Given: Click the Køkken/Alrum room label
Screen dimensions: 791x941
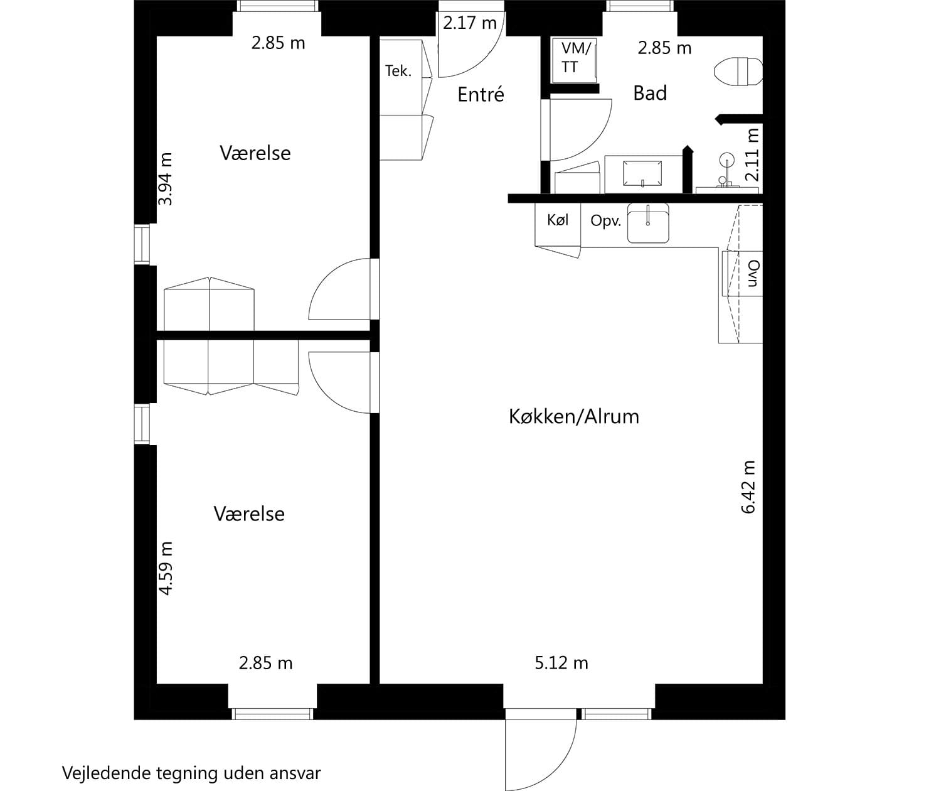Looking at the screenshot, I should point(573,416).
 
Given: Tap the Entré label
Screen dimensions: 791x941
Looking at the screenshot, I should point(481,94).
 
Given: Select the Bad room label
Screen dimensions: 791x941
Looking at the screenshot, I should point(649,93).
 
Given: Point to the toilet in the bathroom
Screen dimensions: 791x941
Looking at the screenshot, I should point(738,71).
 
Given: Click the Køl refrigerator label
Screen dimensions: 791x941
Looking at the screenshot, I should point(558,220).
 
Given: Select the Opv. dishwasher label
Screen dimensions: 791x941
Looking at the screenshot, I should point(605,221).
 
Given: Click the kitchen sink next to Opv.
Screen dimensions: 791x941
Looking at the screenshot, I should point(648,223).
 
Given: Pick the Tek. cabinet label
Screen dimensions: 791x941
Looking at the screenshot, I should point(398,71).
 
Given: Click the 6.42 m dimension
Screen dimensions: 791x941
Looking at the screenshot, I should point(749,487).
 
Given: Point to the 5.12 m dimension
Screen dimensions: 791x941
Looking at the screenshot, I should point(561,663).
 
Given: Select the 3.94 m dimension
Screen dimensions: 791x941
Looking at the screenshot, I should point(165,179).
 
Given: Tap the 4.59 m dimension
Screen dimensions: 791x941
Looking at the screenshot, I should point(165,568).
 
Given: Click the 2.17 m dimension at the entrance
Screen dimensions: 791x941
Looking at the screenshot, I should point(469,23).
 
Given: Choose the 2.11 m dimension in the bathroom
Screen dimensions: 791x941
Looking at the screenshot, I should point(752,154).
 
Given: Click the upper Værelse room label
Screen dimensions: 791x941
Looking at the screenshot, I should point(255,153).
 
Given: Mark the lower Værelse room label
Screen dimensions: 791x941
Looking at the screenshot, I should point(249,514).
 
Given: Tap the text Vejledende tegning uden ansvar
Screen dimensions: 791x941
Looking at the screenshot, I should point(191,773).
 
